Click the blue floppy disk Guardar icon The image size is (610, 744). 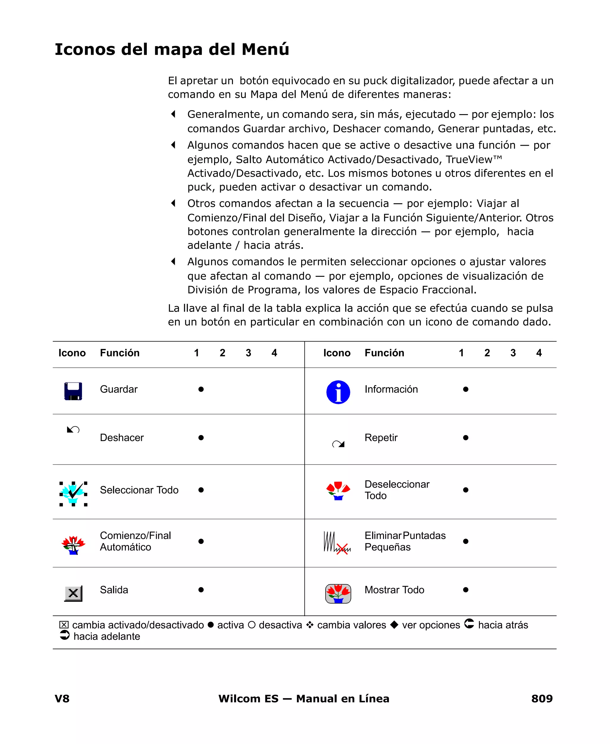(x=73, y=391)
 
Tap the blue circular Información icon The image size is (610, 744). (x=338, y=392)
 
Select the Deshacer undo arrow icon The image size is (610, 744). (x=73, y=429)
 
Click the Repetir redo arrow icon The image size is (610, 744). (x=338, y=444)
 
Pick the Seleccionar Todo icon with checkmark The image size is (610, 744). (x=73, y=493)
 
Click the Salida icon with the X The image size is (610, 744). (x=73, y=593)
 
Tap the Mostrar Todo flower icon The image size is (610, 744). (x=338, y=594)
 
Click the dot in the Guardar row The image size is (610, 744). (x=201, y=389)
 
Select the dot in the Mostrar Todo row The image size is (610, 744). (x=466, y=590)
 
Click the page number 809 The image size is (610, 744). (x=541, y=698)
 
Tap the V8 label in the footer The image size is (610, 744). (x=62, y=698)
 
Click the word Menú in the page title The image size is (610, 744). (x=265, y=49)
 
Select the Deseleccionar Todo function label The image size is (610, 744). (x=397, y=490)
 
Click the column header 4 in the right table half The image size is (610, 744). (x=539, y=353)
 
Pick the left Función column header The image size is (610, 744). (x=119, y=353)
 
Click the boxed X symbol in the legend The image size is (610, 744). (x=64, y=625)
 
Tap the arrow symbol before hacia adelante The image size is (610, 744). (x=65, y=635)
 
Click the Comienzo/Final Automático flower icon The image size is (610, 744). (x=73, y=544)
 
